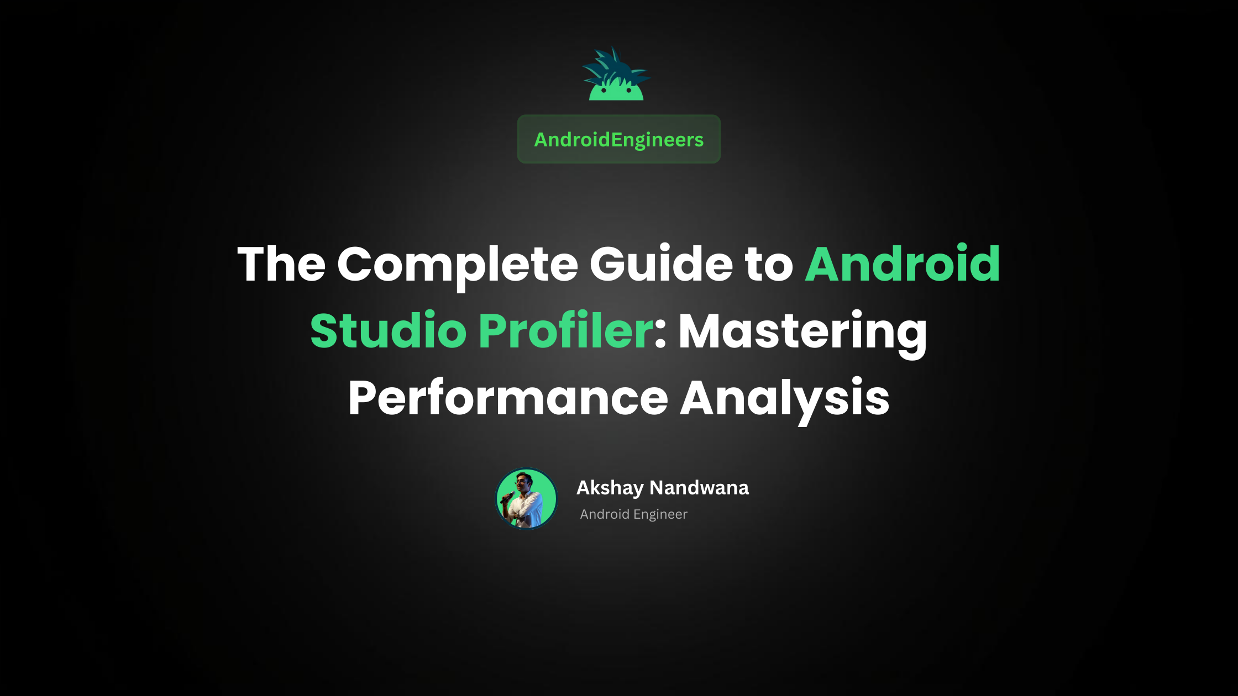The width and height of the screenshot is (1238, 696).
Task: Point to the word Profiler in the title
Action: [x=565, y=331]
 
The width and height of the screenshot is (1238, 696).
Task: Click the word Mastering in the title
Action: [x=802, y=332]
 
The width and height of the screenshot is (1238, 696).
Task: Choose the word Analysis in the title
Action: [x=784, y=399]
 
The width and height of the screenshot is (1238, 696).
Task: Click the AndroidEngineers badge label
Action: [x=618, y=140]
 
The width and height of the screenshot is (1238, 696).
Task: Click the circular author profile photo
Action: [x=526, y=499]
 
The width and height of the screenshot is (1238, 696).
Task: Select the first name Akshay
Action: [x=610, y=488]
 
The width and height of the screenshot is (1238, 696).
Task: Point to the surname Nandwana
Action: [x=699, y=488]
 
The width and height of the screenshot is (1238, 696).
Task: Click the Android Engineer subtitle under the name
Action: [x=633, y=514]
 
